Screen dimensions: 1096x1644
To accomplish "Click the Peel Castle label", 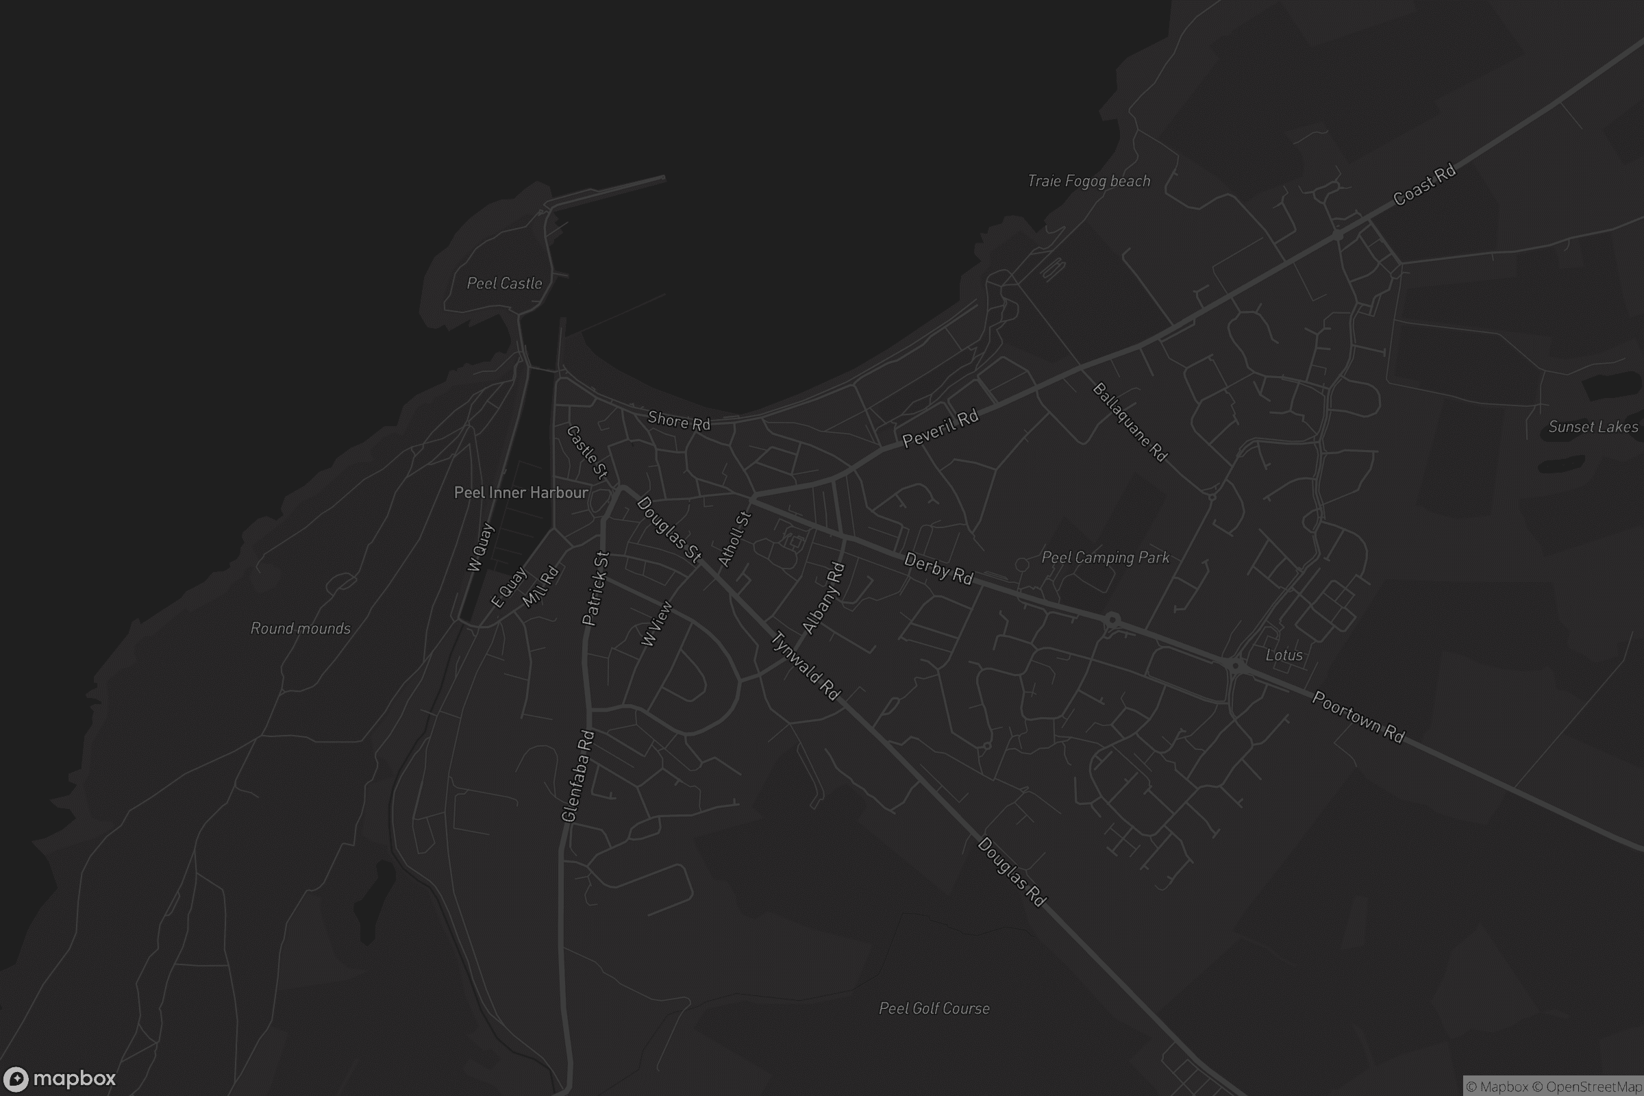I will coord(504,283).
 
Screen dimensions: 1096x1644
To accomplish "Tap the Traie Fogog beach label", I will coord(1088,181).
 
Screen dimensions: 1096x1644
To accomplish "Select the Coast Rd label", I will coord(1424,185).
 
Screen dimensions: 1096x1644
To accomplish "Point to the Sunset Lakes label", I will coord(1593,426).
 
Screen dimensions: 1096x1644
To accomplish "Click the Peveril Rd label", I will coord(940,429).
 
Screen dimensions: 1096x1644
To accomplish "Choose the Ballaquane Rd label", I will coord(1130,422).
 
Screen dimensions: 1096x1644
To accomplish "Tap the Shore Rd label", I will coord(679,421).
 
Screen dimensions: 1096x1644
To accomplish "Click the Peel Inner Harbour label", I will coord(521,493).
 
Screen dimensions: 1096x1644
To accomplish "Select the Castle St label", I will coord(587,452).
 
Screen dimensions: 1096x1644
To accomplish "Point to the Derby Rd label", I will coord(938,568).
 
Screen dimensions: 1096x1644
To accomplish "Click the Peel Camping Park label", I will coord(1105,557).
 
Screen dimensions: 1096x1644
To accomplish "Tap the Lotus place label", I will coord(1284,655).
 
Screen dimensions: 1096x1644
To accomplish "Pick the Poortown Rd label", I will coord(1358,717).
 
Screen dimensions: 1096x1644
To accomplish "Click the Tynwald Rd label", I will coord(806,665).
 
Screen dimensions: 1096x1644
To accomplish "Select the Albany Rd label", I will coord(823,598).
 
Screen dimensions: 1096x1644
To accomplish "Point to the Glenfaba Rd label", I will coord(577,776).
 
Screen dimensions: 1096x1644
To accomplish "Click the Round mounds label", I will coord(301,628).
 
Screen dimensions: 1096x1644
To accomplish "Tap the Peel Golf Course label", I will coord(934,1008).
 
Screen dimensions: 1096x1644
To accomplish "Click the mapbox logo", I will coord(59,1078).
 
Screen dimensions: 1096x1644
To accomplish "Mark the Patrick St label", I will coord(595,588).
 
